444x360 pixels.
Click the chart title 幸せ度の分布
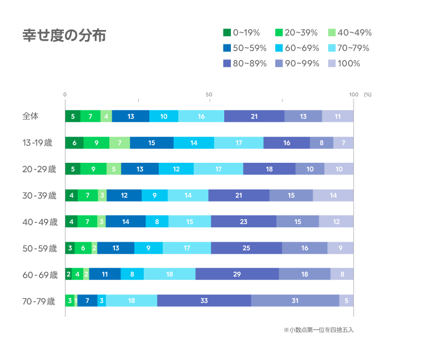(64, 36)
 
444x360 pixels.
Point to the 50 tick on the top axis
(210, 94)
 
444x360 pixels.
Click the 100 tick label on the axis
(354, 94)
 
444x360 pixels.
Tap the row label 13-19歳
(37, 143)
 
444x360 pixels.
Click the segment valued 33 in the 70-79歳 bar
(204, 301)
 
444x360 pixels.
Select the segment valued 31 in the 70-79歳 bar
(295, 301)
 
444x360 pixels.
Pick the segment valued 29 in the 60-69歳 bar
(237, 274)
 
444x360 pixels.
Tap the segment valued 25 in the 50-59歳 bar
(246, 248)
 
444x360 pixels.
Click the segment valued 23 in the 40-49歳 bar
(244, 222)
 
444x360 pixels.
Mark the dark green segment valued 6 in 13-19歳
(74, 143)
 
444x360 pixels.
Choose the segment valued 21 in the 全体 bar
(254, 116)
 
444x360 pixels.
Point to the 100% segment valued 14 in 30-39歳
(333, 196)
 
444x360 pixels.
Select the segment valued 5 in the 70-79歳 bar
(346, 301)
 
